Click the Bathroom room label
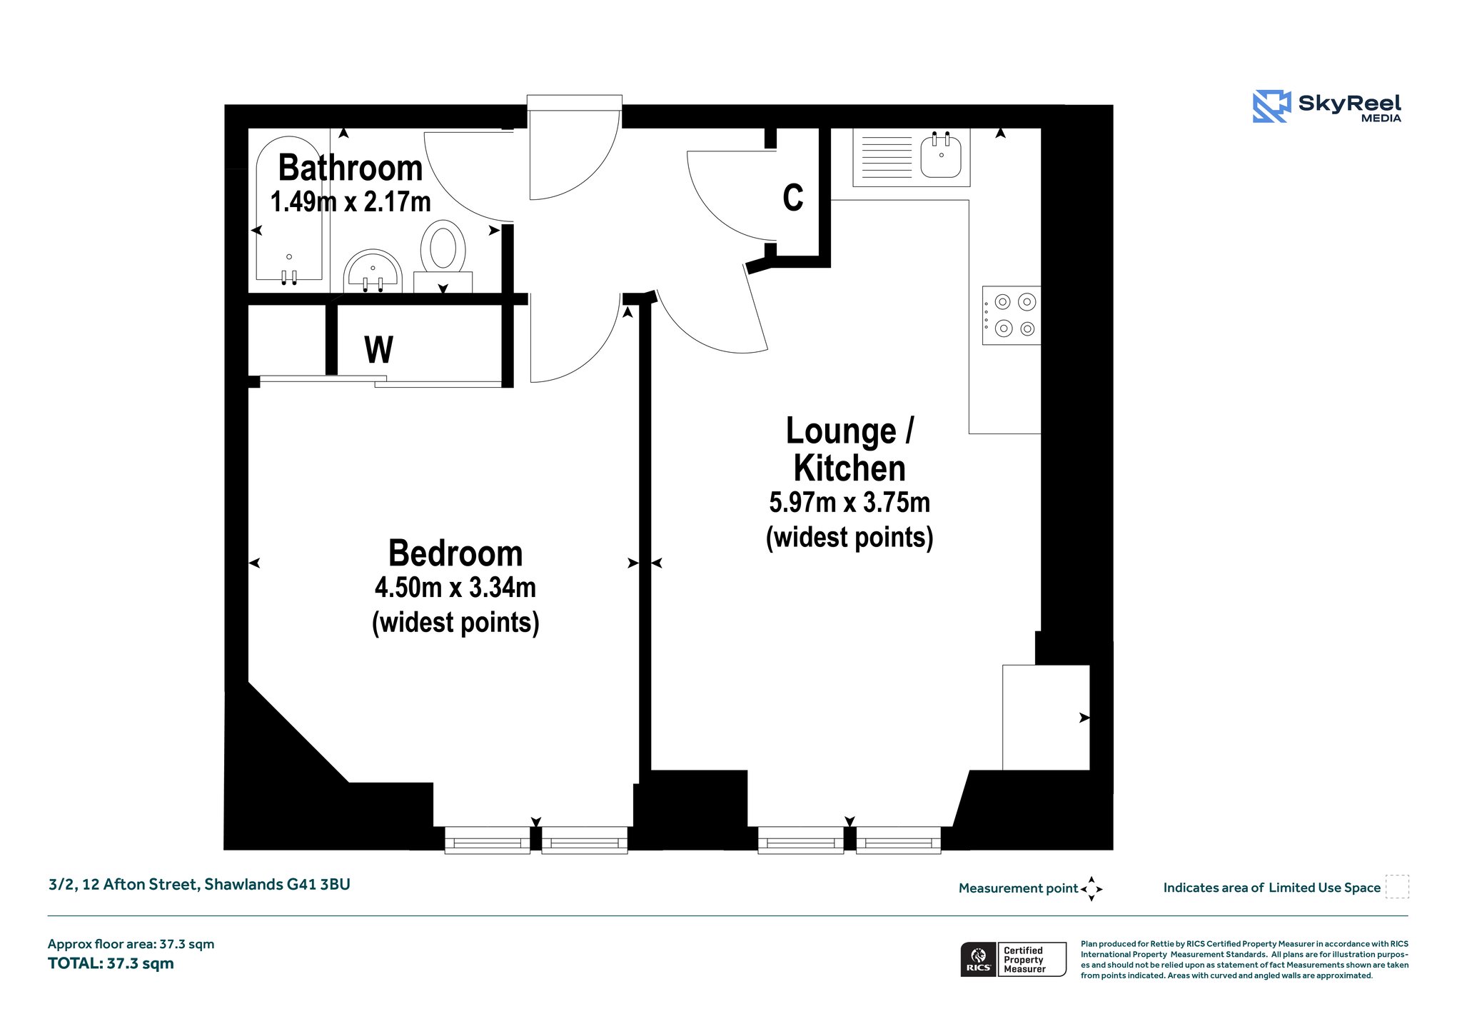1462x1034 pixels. [351, 168]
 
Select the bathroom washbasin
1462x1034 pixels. [373, 271]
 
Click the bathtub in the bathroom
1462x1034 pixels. [289, 209]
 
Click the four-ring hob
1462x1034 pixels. [1012, 316]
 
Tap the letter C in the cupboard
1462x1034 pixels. [793, 198]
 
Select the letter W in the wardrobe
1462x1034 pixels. [378, 350]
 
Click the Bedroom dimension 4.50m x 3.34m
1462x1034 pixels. [455, 588]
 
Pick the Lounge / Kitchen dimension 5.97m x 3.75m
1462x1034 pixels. [850, 503]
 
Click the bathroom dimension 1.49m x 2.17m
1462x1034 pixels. [351, 202]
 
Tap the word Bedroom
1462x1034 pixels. [455, 553]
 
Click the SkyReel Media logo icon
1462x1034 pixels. [1271, 106]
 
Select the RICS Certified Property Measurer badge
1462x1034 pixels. [1014, 959]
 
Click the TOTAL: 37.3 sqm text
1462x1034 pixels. [111, 963]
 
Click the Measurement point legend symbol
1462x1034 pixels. [1092, 889]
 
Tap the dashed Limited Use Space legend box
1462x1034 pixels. [1397, 887]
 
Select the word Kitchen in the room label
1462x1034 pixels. [850, 468]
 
